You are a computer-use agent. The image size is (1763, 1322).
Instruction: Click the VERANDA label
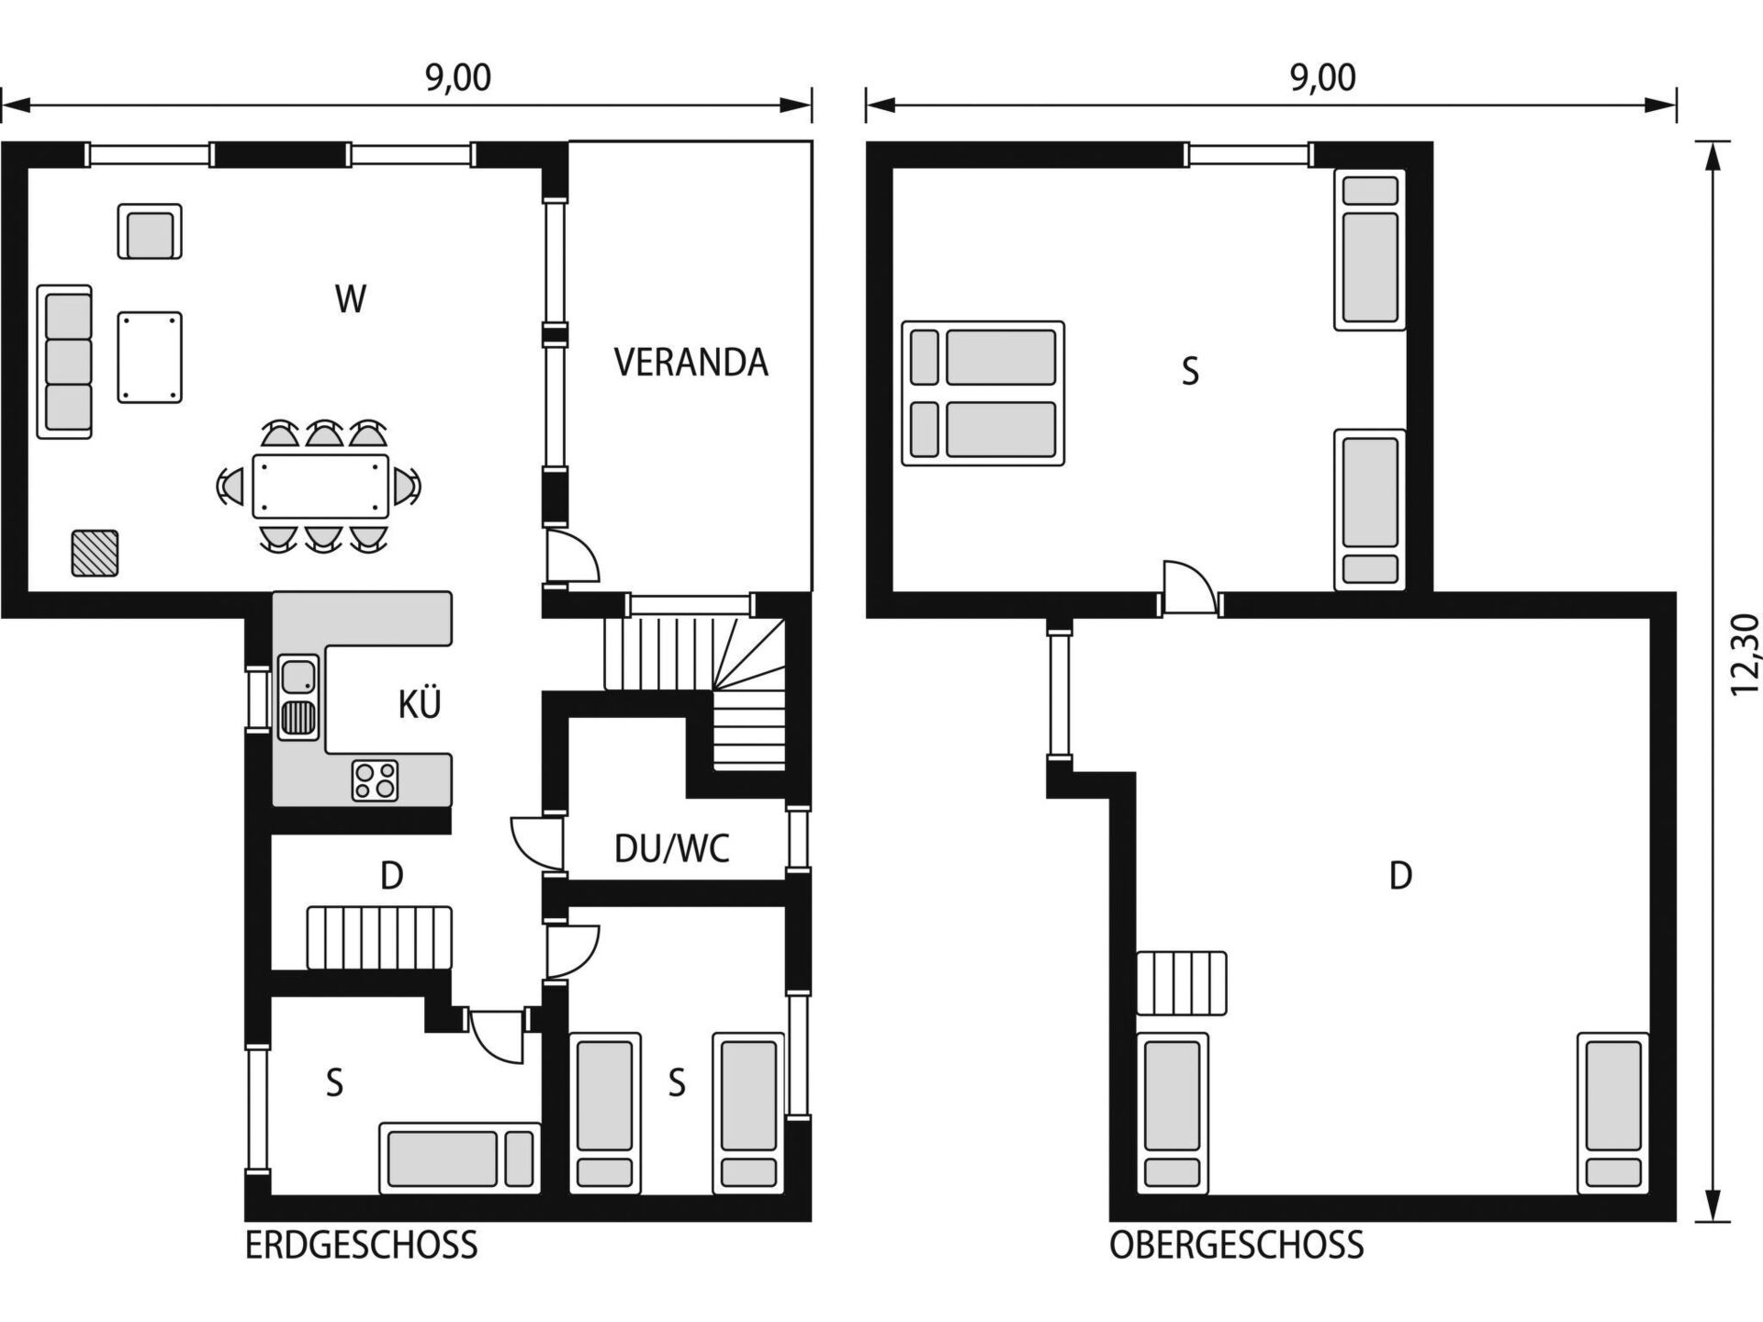(x=691, y=362)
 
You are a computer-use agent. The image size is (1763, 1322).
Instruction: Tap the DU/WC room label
(x=671, y=848)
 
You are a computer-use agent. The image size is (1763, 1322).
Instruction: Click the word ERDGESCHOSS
(x=361, y=1246)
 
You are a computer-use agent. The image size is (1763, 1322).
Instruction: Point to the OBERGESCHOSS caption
(x=1236, y=1246)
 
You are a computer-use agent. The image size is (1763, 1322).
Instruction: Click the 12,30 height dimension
(x=1745, y=655)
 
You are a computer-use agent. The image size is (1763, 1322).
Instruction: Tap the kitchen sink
(x=298, y=697)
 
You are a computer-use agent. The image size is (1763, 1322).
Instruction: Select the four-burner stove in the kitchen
(x=375, y=780)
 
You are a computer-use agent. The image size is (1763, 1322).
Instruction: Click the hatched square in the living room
(x=95, y=553)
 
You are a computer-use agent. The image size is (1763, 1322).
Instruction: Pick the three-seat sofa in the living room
(x=64, y=362)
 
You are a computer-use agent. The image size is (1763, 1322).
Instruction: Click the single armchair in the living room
(x=150, y=231)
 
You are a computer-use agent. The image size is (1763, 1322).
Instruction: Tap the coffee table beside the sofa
(x=150, y=357)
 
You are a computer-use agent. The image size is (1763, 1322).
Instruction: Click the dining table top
(x=320, y=485)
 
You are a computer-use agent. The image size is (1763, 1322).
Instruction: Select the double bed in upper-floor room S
(x=983, y=393)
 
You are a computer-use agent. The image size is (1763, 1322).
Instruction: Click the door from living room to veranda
(x=571, y=555)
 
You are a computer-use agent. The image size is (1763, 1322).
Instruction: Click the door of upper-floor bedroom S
(x=1190, y=588)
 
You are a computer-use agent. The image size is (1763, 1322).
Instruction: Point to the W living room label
(x=351, y=299)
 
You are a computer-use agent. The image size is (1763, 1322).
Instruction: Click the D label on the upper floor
(x=1400, y=876)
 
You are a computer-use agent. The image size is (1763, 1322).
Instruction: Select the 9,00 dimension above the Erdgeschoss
(x=457, y=77)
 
